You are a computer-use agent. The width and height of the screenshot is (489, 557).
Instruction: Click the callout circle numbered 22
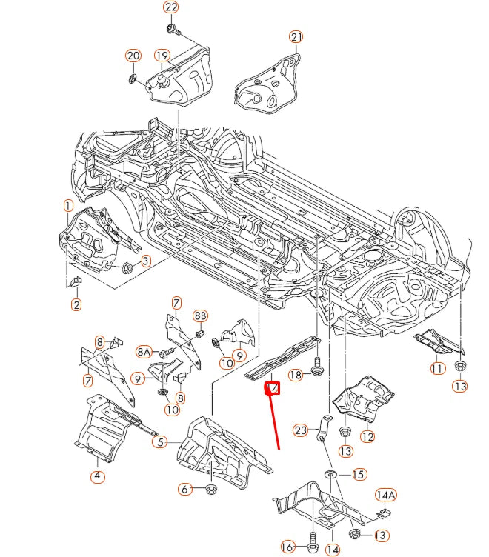171,8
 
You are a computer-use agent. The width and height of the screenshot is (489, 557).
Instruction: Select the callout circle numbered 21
296,37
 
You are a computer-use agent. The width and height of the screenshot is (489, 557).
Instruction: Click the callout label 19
162,56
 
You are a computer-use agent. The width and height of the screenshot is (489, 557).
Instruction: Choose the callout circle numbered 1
67,205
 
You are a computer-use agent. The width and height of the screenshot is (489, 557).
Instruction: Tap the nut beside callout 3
127,266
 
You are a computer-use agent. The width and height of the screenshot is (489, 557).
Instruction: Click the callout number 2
77,304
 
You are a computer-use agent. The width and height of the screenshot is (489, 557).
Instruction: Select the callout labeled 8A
144,352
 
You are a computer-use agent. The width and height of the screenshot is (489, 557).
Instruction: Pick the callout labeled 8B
200,316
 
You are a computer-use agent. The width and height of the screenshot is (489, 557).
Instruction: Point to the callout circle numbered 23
300,430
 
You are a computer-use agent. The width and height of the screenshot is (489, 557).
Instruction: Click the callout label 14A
385,495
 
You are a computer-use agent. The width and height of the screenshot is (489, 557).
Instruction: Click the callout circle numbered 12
368,436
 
